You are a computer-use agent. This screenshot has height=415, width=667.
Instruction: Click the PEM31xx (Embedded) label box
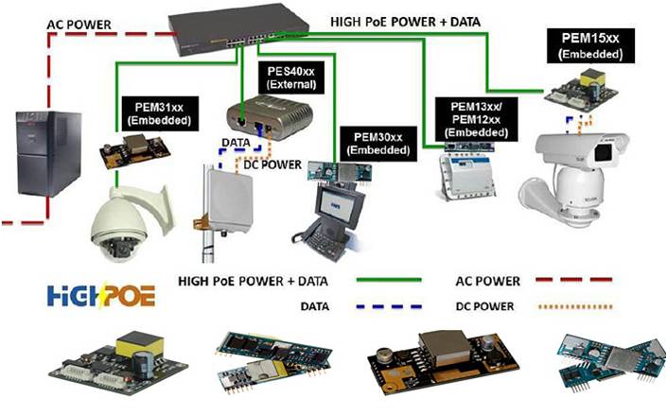point(159,113)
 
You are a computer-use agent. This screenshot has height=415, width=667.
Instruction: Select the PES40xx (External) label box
point(291,77)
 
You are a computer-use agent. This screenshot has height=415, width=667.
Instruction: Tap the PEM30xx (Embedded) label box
point(378,144)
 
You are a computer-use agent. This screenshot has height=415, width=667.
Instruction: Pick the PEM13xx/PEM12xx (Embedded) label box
point(476,119)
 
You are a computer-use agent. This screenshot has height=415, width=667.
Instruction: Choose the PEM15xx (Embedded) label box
point(590,46)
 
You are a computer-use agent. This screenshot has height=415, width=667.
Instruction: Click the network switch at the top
point(239,29)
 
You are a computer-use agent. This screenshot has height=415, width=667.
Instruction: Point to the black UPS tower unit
point(48,153)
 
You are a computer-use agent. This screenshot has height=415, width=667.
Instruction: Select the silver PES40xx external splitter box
point(270,116)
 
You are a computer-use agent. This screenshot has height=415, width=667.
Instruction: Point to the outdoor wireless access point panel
point(230,199)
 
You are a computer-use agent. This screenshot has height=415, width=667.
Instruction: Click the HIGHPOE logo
point(101,295)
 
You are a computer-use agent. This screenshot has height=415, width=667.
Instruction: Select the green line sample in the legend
point(389,280)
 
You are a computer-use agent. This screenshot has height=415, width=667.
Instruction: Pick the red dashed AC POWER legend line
point(574,280)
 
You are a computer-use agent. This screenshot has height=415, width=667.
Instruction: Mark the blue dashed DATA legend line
point(389,306)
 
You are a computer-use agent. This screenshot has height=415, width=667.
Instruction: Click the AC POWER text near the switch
point(79,25)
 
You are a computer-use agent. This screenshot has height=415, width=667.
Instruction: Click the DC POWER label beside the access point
point(272,164)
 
